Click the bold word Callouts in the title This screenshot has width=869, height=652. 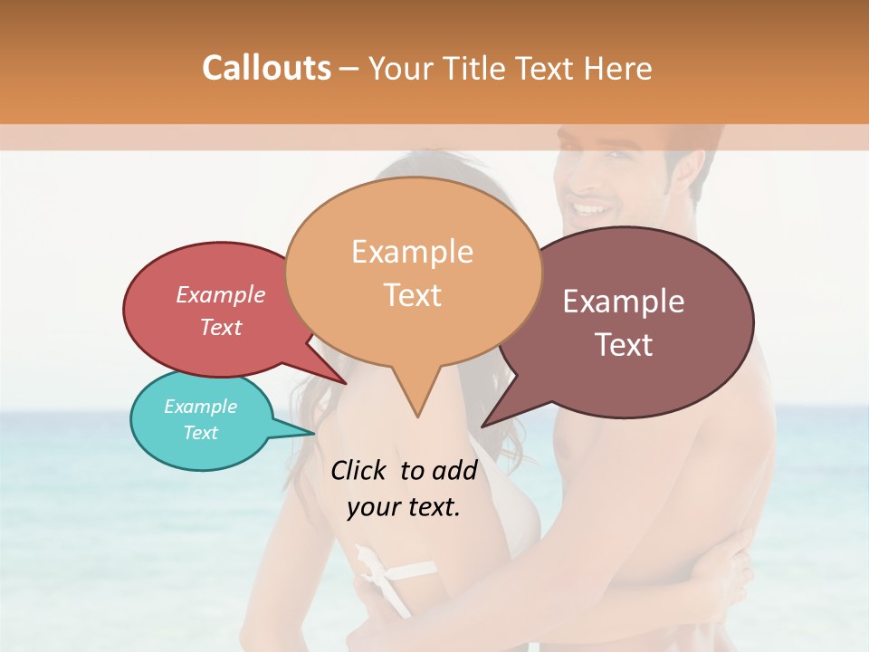pyautogui.click(x=266, y=68)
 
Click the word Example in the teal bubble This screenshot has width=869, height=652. pyautogui.click(x=200, y=407)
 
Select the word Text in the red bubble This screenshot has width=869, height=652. pyautogui.click(x=221, y=327)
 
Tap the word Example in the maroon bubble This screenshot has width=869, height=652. pyautogui.click(x=624, y=302)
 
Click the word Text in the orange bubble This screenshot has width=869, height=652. pyautogui.click(x=413, y=295)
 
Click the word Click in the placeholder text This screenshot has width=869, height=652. pyautogui.click(x=359, y=470)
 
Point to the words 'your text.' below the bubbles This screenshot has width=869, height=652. pyautogui.click(x=404, y=507)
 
